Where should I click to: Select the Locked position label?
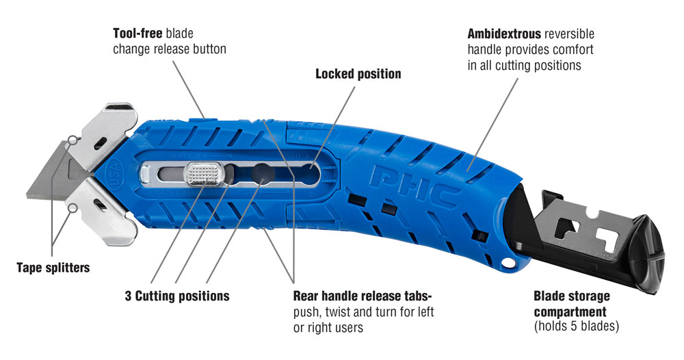[x=358, y=73]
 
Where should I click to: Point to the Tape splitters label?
[x=53, y=268]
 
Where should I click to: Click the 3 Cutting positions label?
[x=177, y=296]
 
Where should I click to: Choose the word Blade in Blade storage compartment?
[x=550, y=296]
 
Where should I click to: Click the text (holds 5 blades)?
[x=576, y=326]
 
